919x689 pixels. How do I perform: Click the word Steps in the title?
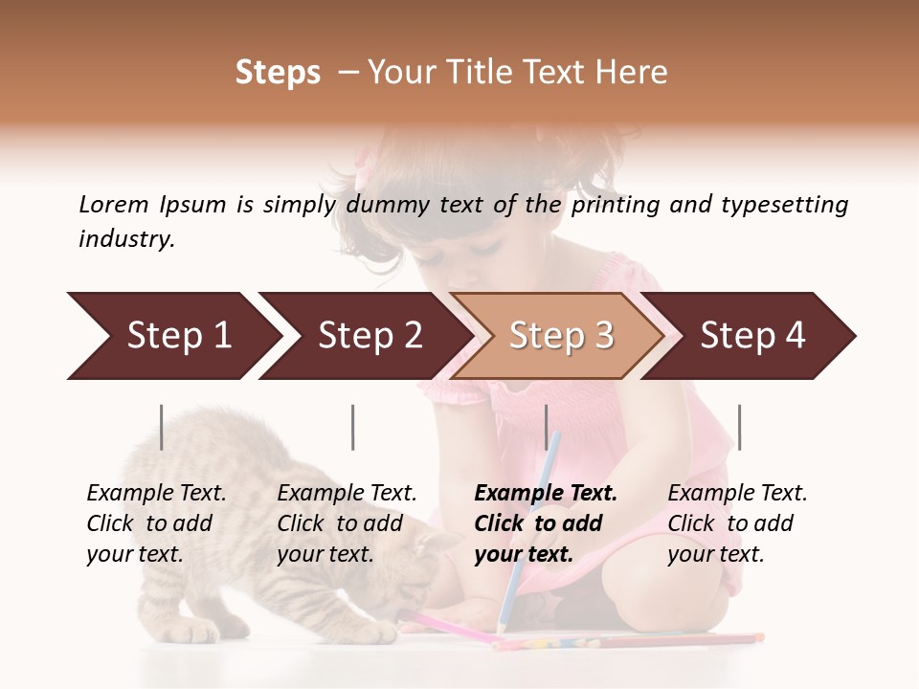278,73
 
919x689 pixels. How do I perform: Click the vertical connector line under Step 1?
162,427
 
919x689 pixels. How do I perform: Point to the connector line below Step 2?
353,427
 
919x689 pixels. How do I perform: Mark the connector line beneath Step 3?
547,427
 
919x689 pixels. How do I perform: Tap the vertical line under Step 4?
739,427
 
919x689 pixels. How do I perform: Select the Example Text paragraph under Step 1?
155,522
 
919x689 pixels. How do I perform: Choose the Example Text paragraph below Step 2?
346,522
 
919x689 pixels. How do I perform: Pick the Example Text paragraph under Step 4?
736,522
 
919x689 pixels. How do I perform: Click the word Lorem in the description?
114,204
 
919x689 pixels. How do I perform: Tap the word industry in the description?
125,239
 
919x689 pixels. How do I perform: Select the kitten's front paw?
373,633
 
